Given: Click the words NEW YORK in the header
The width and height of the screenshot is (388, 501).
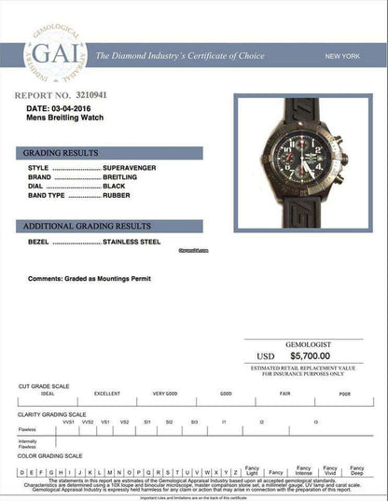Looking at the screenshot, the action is click(x=343, y=57).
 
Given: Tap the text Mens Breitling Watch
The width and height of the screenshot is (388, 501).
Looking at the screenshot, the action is click(x=66, y=118).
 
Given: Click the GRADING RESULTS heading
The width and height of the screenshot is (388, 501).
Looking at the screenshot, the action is click(x=55, y=152).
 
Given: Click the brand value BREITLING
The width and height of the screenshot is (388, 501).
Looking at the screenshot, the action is click(x=124, y=176).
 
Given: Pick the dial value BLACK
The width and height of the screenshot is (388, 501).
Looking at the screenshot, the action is click(x=116, y=186).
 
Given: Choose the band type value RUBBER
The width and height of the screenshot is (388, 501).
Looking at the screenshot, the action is click(x=118, y=195).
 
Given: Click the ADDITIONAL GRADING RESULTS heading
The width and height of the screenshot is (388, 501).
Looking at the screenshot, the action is click(x=87, y=227).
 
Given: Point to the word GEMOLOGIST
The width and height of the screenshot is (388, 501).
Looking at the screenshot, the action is click(x=310, y=344).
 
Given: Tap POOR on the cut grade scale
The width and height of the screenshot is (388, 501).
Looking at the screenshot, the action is click(x=344, y=394).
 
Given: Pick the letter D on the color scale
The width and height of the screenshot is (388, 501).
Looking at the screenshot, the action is click(x=21, y=473).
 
